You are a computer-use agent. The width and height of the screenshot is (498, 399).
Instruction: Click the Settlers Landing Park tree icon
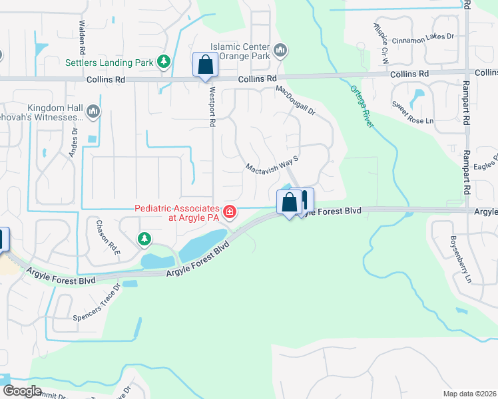tap(163, 63)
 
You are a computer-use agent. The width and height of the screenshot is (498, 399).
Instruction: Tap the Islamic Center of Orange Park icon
tap(280, 49)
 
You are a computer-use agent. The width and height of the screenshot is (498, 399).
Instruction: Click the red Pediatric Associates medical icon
tap(229, 212)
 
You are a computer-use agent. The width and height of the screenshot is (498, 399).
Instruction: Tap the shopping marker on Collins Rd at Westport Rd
tap(204, 65)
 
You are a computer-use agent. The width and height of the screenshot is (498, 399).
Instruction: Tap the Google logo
tap(22, 391)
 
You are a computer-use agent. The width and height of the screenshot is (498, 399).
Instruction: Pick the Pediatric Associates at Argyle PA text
tap(177, 212)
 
